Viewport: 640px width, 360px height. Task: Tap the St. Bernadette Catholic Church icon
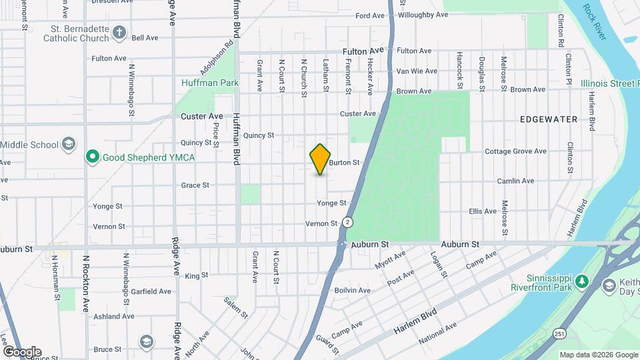pyautogui.click(x=119, y=32)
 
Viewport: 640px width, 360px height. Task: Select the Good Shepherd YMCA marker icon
pyautogui.click(x=93, y=157)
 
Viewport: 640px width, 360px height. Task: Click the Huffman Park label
pyautogui.click(x=201, y=83)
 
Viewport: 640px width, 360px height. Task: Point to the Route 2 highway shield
pyautogui.click(x=347, y=221)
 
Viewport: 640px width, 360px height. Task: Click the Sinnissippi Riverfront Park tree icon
pyautogui.click(x=583, y=281)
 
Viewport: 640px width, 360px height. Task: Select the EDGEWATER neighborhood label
pyautogui.click(x=548, y=119)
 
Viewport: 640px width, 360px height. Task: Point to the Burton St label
pyautogui.click(x=344, y=162)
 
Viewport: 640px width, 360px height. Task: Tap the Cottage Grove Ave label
pyautogui.click(x=515, y=151)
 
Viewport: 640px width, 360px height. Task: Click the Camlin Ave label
pyautogui.click(x=515, y=181)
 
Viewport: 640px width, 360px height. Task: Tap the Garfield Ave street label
pyautogui.click(x=151, y=291)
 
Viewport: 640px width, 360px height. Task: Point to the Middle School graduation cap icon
pyautogui.click(x=68, y=144)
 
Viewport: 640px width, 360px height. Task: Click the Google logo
pyautogui.click(x=21, y=351)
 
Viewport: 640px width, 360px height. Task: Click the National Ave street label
pyautogui.click(x=437, y=333)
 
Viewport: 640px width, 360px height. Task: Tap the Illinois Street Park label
pyautogui.click(x=609, y=83)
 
